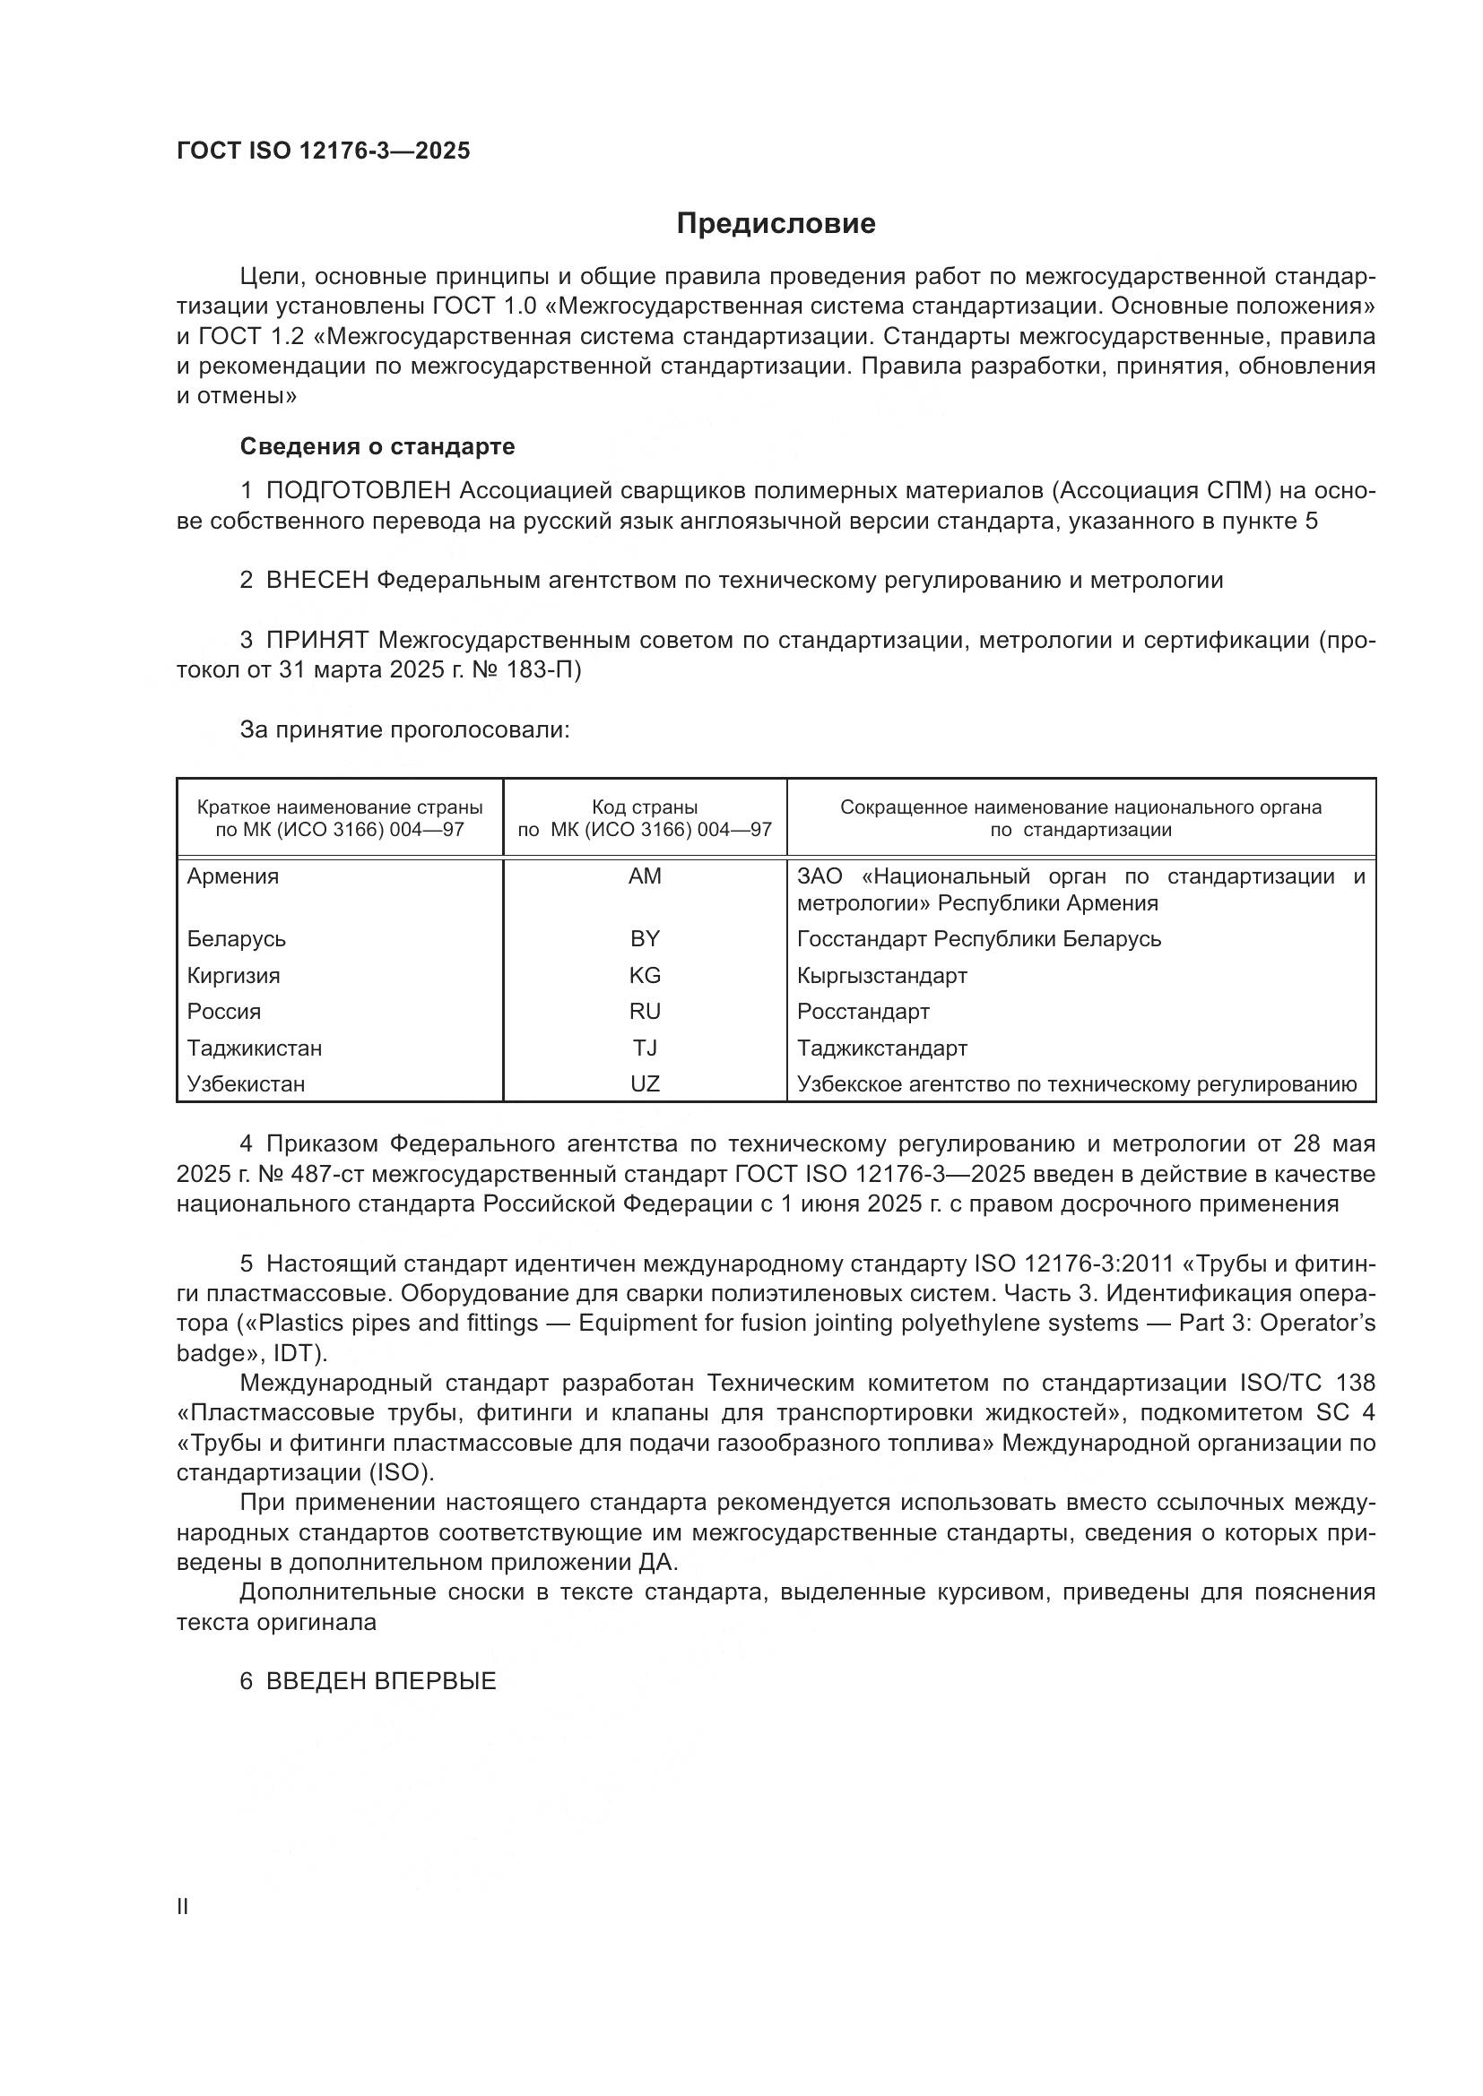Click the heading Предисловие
[776, 224]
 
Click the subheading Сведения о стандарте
[377, 446]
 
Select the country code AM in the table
[645, 876]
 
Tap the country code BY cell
[645, 938]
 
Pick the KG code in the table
[645, 975]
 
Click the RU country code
[645, 1012]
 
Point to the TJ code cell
[645, 1048]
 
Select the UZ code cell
[645, 1083]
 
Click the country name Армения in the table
[233, 876]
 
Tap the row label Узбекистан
[246, 1083]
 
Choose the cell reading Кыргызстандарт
[881, 975]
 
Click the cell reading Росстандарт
[863, 1012]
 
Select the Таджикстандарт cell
[881, 1048]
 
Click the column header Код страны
[645, 807]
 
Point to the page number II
[182, 1906]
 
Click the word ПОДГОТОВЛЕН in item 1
[358, 491]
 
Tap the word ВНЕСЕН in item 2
[317, 580]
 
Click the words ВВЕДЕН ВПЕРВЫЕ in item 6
[381, 1681]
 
